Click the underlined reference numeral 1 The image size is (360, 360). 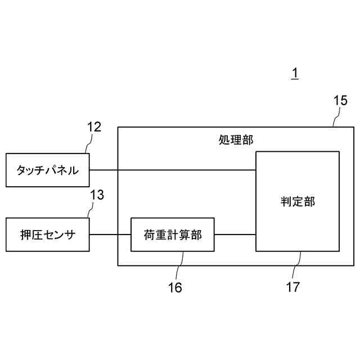pyautogui.click(x=295, y=74)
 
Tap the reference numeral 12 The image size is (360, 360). pyautogui.click(x=94, y=127)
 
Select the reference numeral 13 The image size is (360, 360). pyautogui.click(x=97, y=195)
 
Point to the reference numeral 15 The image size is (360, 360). pyautogui.click(x=340, y=101)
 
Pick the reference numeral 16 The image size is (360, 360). pyautogui.click(x=175, y=287)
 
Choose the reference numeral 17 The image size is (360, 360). pyautogui.click(x=292, y=287)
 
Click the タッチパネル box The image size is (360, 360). pyautogui.click(x=48, y=170)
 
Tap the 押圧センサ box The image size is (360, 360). pyautogui.click(x=48, y=235)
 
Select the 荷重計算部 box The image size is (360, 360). pyautogui.click(x=173, y=235)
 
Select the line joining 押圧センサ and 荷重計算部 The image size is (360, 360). pyautogui.click(x=110, y=235)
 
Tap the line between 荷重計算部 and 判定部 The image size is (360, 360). pyautogui.click(x=235, y=235)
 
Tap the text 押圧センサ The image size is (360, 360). pyautogui.click(x=48, y=235)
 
